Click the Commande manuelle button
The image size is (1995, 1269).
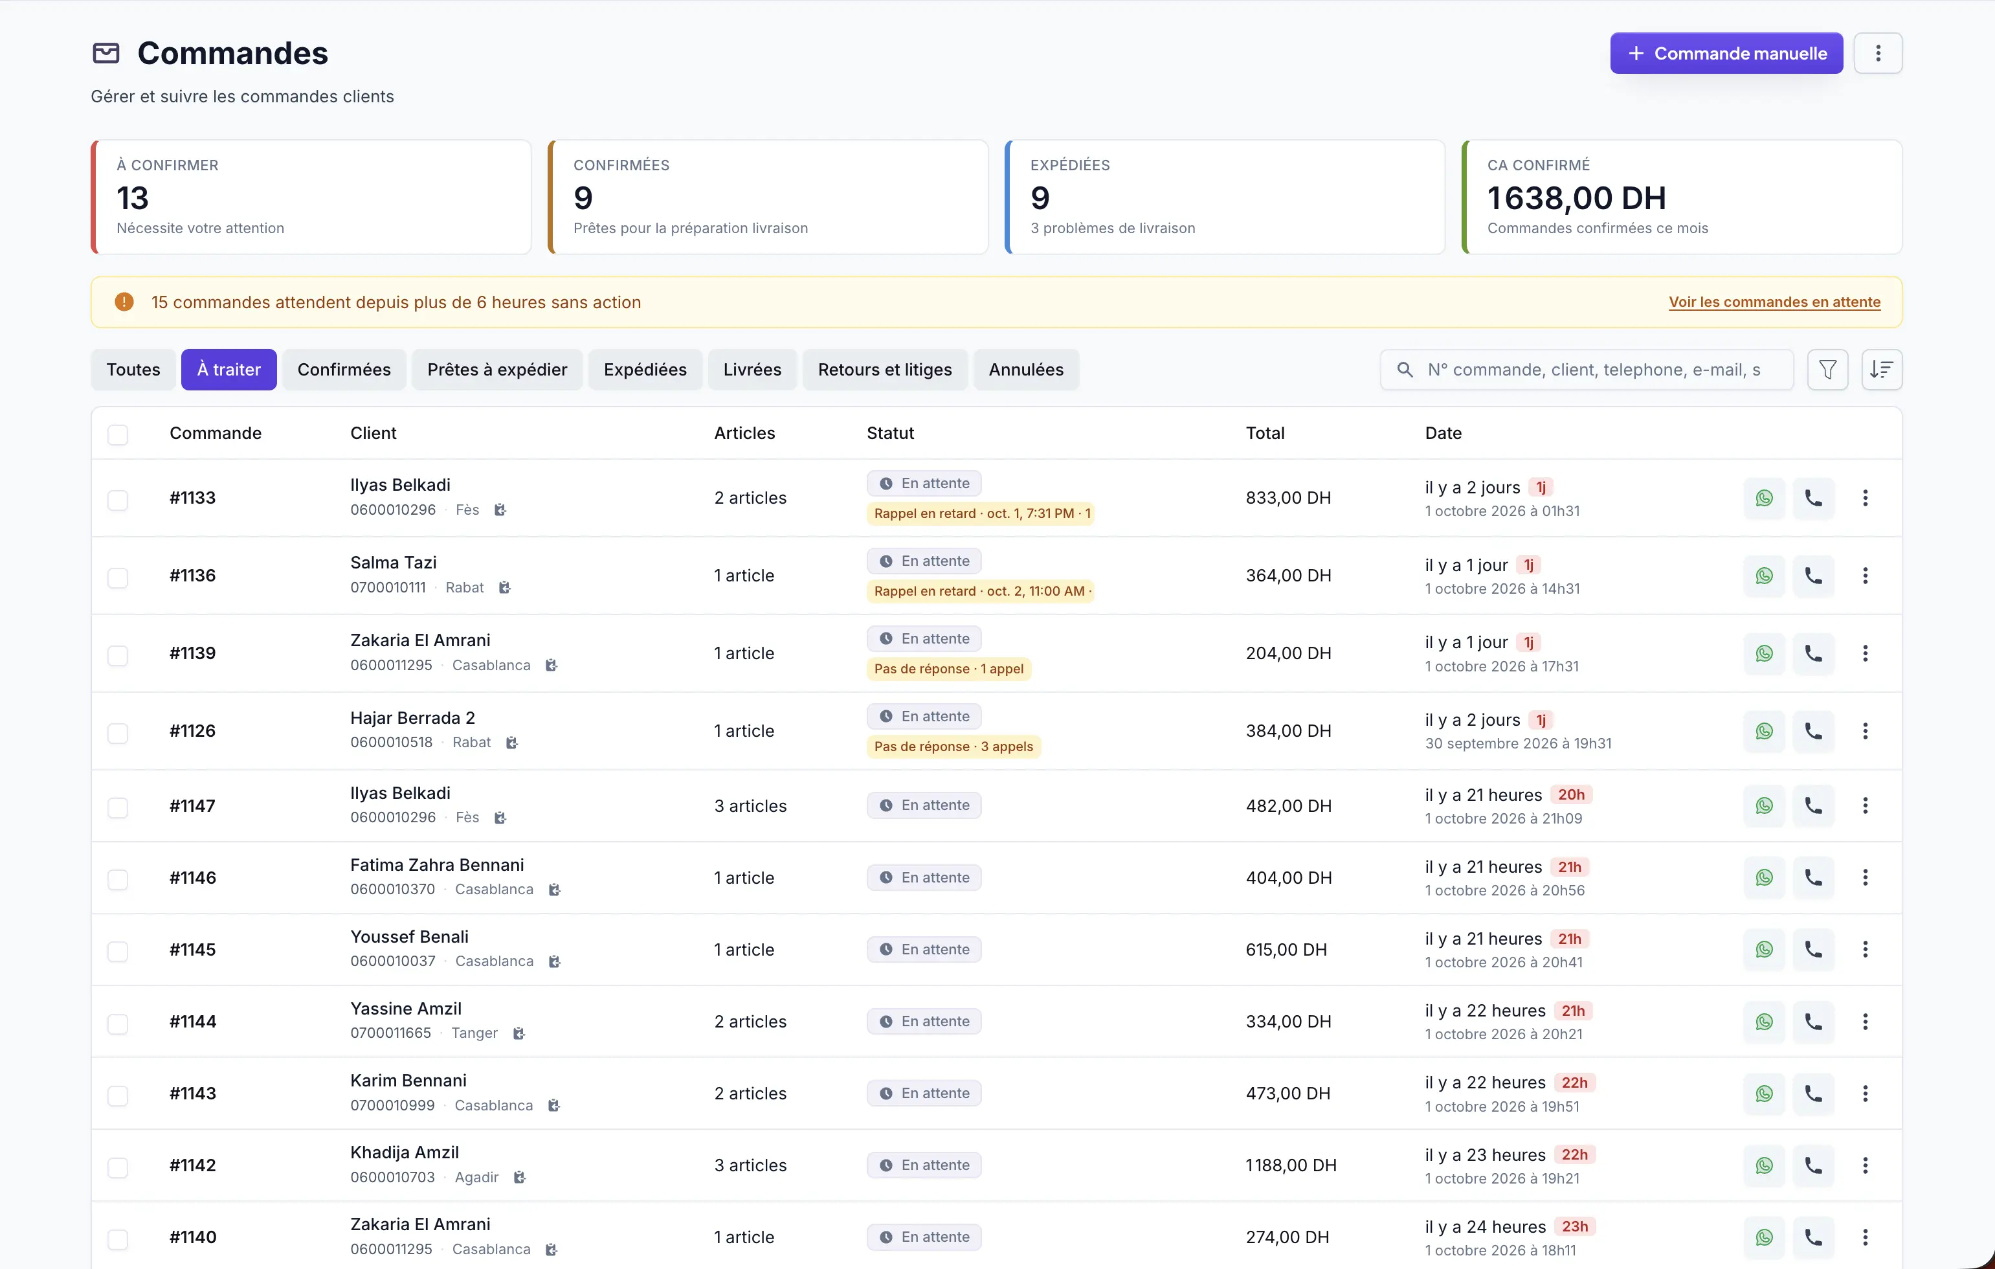click(1726, 53)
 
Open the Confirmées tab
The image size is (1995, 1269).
click(344, 370)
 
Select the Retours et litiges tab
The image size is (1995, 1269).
click(885, 370)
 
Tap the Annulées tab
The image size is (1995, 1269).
click(1026, 370)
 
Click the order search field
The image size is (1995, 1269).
click(1587, 370)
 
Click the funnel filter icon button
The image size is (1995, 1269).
click(1827, 370)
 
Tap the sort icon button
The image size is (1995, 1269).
click(1882, 370)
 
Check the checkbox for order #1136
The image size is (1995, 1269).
click(118, 578)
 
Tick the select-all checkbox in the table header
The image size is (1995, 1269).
click(118, 434)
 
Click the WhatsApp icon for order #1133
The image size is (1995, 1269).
click(1764, 498)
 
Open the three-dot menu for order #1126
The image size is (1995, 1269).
click(1865, 731)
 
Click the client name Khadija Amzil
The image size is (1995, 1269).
click(405, 1152)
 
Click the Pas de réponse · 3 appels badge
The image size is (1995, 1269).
click(953, 747)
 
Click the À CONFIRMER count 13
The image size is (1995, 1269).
click(133, 198)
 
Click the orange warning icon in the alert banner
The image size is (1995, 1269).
click(124, 302)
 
